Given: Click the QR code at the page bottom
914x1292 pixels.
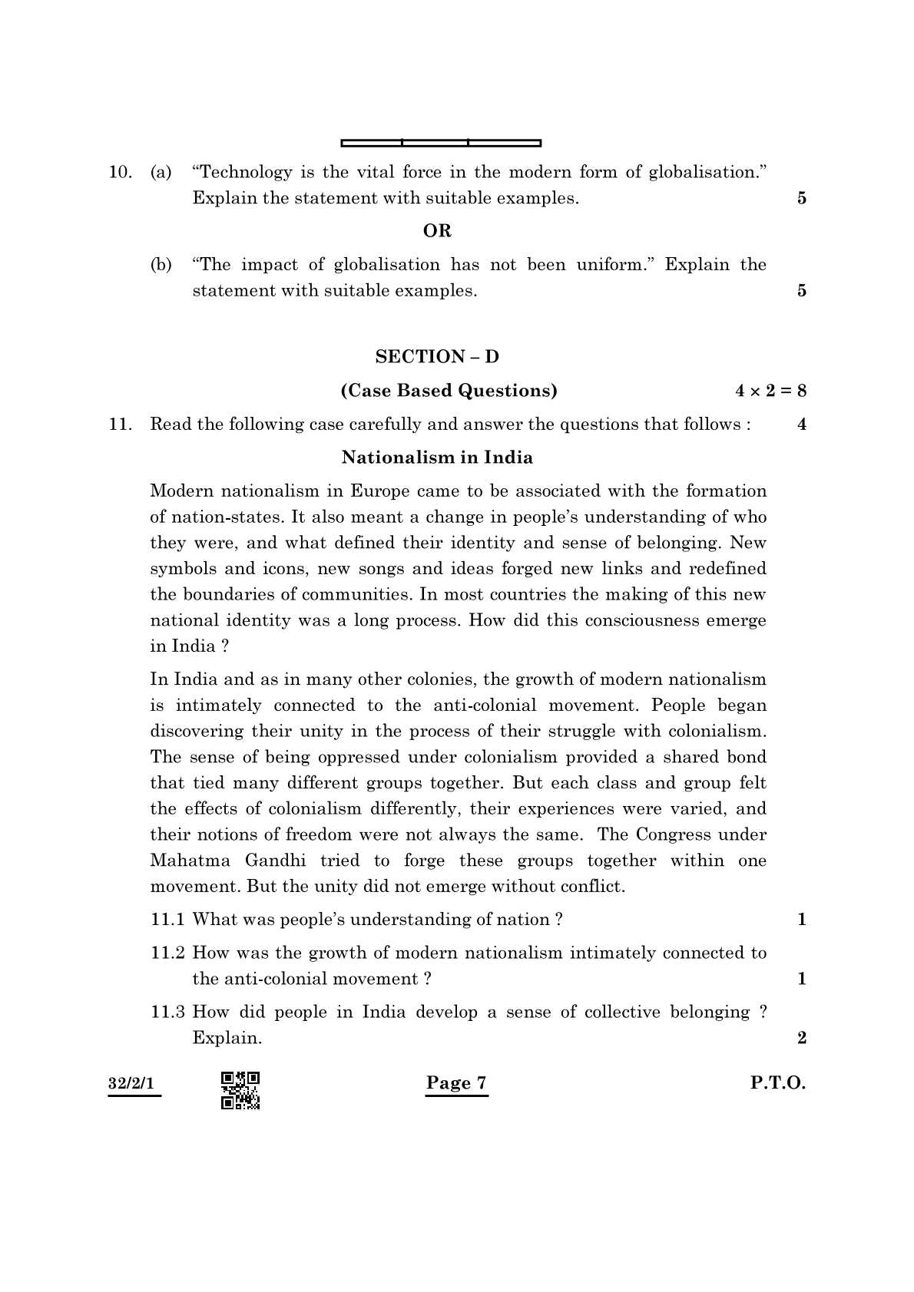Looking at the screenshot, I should (x=240, y=1090).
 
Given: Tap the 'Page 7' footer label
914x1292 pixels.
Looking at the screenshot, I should (x=456, y=1083).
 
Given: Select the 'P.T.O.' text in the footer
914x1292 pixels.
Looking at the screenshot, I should (x=777, y=1083).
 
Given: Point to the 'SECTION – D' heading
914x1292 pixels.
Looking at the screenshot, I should (x=436, y=356).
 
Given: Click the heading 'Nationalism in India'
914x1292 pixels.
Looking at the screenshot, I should (x=436, y=458).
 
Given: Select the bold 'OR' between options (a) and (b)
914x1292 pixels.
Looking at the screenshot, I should (x=437, y=230).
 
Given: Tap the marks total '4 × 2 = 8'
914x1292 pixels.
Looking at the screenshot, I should (x=770, y=391).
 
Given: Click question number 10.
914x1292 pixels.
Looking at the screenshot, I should (x=121, y=172).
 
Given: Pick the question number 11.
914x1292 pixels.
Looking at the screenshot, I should (x=121, y=425).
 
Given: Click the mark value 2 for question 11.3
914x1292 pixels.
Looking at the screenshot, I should (x=802, y=1039).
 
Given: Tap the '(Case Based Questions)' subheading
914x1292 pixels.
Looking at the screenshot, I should (x=449, y=391).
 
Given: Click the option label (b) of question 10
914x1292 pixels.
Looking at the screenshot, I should (x=161, y=265).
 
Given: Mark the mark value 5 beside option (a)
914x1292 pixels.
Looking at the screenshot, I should (x=802, y=199).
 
